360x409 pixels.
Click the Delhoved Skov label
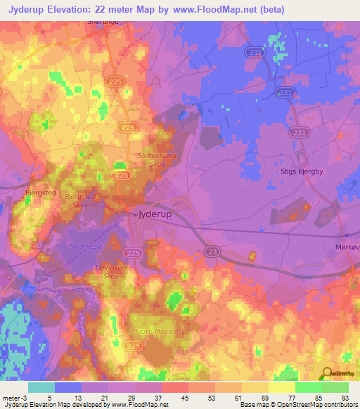point(109,272)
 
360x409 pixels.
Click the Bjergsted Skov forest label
point(79,201)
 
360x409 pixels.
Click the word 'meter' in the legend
point(12,397)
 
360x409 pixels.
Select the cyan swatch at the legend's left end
point(41,387)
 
